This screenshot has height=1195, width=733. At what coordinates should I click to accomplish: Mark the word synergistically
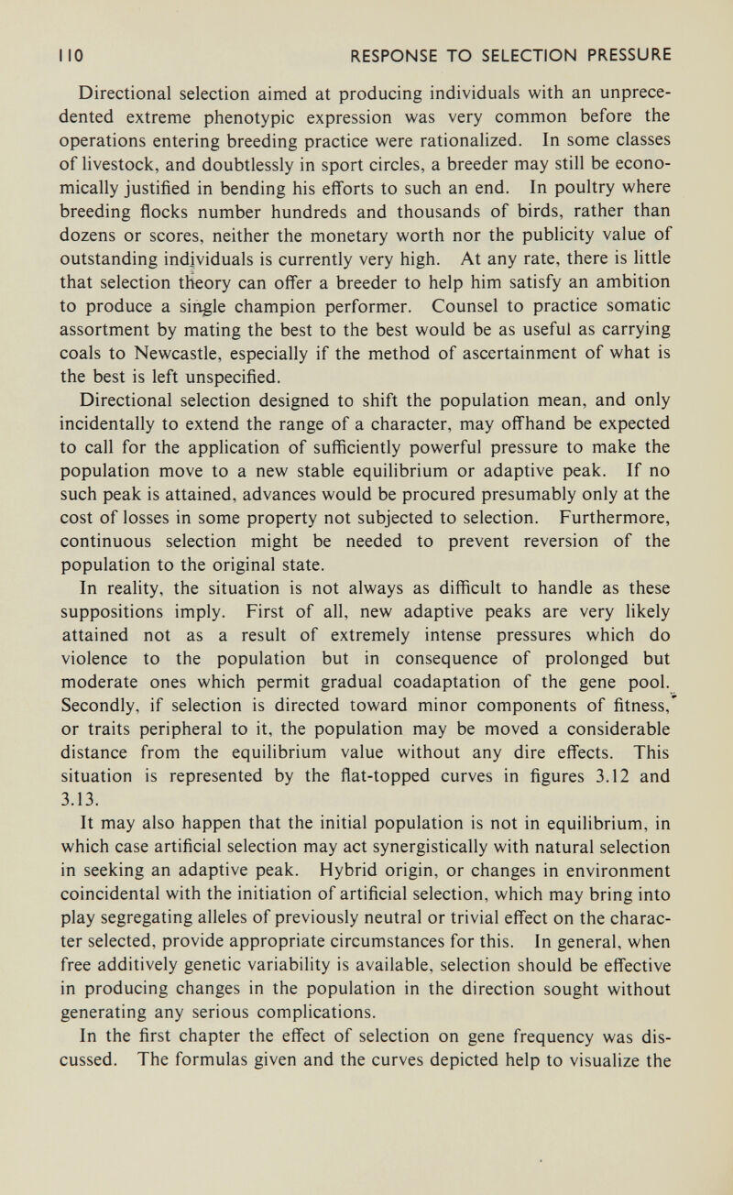point(445,849)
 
